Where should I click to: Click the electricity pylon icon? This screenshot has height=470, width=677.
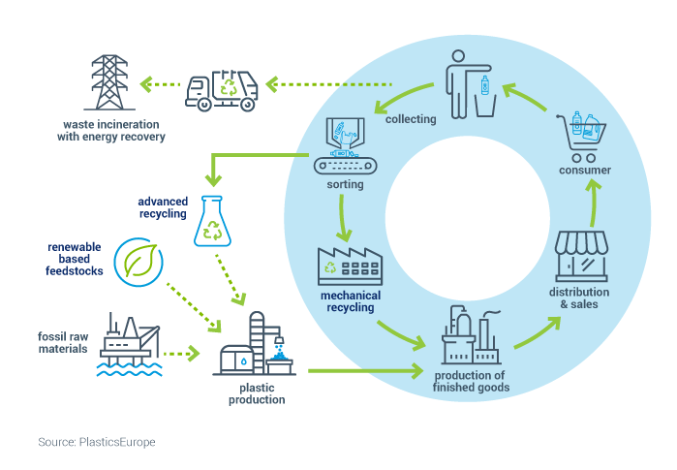coord(109,82)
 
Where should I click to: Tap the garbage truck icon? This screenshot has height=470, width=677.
coord(222,90)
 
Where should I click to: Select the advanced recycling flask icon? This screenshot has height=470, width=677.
coord(212,221)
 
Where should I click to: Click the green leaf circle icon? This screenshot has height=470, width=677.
coord(138,262)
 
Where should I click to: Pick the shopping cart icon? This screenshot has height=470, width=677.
coord(581,137)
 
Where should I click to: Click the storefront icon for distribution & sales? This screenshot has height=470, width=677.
coord(581,256)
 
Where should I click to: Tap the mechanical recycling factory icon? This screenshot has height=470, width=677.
coord(351,266)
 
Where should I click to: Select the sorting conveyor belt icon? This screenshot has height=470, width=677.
coord(345,146)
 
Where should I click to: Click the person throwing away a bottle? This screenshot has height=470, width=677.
coord(471,84)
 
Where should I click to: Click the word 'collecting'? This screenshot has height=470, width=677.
coord(411,119)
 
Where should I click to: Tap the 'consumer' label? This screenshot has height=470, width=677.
coord(585,171)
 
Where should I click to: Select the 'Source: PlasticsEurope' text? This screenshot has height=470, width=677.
coord(97,442)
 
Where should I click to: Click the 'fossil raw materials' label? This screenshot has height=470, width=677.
coord(63,342)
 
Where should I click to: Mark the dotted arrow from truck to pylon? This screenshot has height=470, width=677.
coord(160,84)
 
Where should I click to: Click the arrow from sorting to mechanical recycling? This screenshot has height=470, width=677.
coord(343,218)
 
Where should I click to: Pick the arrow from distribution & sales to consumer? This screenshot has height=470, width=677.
coord(595,204)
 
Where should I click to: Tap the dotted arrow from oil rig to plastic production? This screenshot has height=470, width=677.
coord(182,354)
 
